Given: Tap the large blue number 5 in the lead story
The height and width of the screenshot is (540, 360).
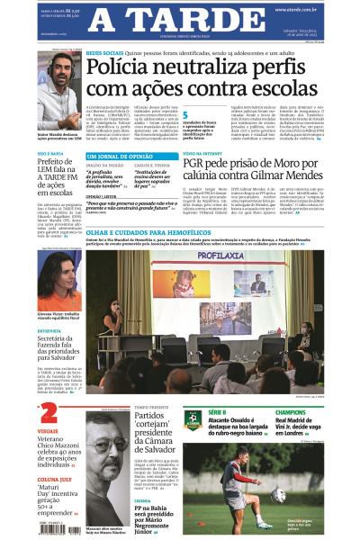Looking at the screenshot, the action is [185, 114].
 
